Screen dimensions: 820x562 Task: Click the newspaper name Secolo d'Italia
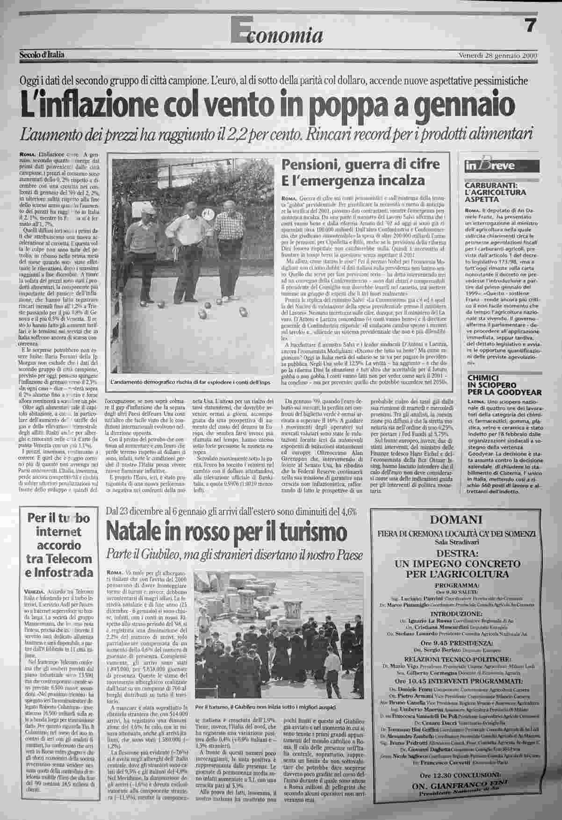pyautogui.click(x=42, y=55)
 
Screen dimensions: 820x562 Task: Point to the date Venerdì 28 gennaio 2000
pyautogui.click(x=497, y=55)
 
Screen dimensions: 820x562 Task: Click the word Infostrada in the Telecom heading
pyautogui.click(x=65, y=573)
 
